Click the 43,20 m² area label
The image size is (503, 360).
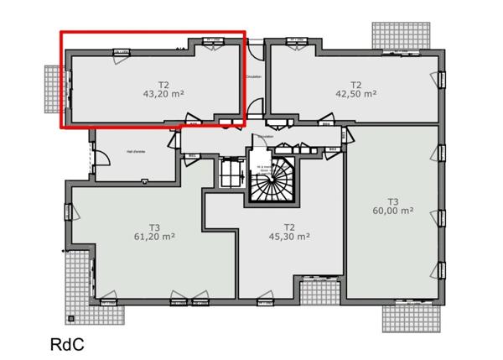pos(163,95)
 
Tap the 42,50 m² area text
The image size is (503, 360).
pos(355,95)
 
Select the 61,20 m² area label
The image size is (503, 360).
pos(153,237)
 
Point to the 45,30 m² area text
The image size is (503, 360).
pos(289,237)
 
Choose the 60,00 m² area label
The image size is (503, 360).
pos(392,211)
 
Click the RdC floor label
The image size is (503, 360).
pos(67,344)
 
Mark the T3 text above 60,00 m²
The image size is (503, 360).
pos(392,201)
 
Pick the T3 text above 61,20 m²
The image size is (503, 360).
pos(153,227)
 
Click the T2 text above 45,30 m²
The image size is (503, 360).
pos(289,226)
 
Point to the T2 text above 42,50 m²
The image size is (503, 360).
pos(355,84)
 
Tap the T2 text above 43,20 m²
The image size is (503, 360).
pos(163,84)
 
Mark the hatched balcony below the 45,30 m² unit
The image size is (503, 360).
pos(319,293)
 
